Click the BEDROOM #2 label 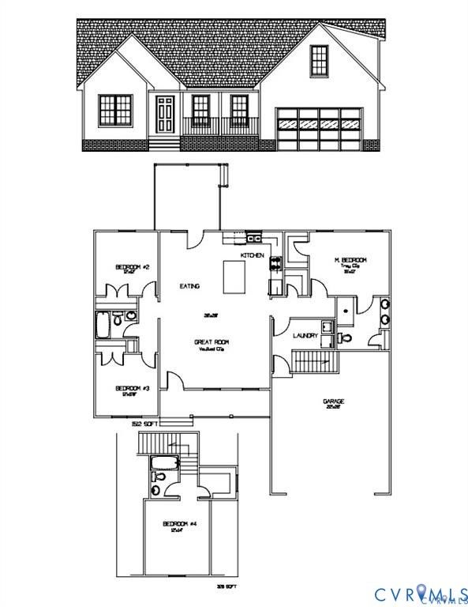point(127,268)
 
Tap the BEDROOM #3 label point(133,388)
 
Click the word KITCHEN point(253,256)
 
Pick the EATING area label point(189,286)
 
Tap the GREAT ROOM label point(212,342)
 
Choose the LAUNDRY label point(306,336)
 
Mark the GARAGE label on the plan point(333,402)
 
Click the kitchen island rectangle point(234,276)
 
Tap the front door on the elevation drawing point(165,115)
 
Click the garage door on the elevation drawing point(318,126)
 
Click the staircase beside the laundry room point(315,363)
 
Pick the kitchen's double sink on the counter point(253,236)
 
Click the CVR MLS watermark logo point(417,592)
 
